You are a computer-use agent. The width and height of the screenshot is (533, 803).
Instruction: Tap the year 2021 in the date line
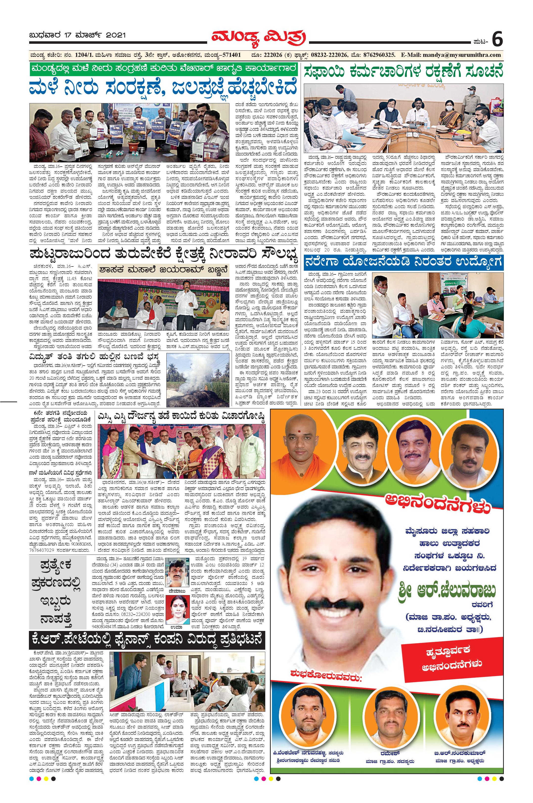(x=116, y=35)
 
